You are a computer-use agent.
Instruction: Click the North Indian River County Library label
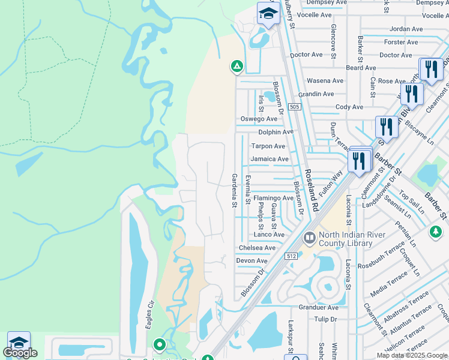(x=347, y=239)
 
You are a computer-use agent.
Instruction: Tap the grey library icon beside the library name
(x=310, y=238)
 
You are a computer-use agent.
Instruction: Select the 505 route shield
(x=294, y=107)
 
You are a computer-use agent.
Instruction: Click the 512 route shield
(x=292, y=256)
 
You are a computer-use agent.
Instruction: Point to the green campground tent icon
(x=237, y=66)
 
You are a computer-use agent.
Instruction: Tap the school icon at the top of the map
(x=268, y=13)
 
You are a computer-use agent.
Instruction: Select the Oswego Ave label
(x=259, y=119)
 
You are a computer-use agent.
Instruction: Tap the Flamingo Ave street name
(x=273, y=197)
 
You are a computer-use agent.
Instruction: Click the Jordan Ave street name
(x=406, y=29)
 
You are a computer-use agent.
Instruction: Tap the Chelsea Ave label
(x=257, y=248)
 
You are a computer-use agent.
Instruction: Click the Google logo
(x=20, y=353)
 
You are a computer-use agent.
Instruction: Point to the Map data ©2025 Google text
(x=411, y=355)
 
